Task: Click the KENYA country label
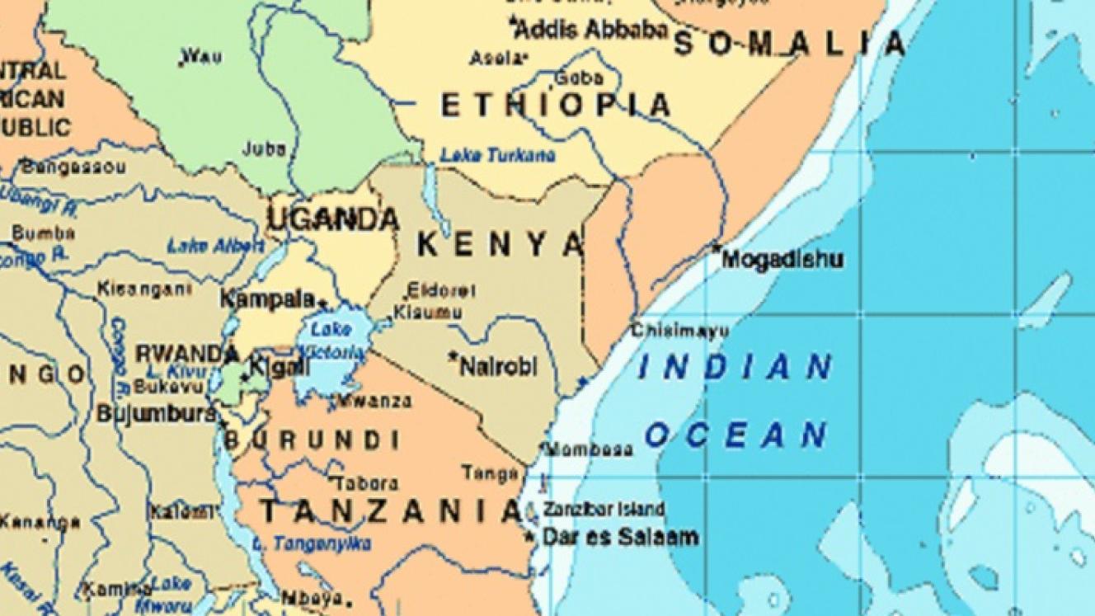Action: [501, 244]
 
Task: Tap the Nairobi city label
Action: [497, 365]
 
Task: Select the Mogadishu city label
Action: [782, 260]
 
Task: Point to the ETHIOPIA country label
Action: [556, 106]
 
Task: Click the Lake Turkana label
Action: [497, 155]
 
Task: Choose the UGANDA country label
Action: [333, 219]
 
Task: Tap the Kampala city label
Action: [267, 299]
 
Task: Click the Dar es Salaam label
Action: [619, 538]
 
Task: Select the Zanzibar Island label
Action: [604, 510]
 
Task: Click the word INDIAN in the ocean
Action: [735, 368]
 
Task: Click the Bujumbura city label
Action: [157, 413]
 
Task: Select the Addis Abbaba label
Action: [591, 30]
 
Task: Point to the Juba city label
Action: [264, 149]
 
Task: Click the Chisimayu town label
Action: [679, 332]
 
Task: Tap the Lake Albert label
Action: [215, 246]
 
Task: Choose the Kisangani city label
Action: [144, 289]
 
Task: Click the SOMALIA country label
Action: [790, 44]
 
